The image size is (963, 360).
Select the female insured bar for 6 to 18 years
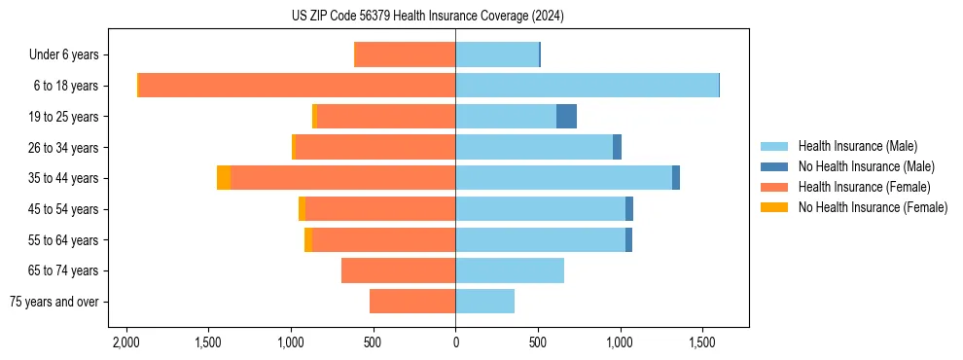coord(297,86)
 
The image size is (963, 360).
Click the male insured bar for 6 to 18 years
coord(587,86)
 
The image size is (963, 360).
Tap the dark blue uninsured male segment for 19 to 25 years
coord(566,117)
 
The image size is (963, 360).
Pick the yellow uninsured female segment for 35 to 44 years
coord(224,178)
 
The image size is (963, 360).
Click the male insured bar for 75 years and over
coord(484,302)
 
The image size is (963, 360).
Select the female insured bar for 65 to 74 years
coord(399,270)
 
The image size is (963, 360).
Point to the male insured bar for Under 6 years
coord(496,54)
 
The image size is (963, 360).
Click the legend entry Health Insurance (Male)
coord(857,146)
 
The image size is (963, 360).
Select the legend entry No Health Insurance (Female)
coord(873,207)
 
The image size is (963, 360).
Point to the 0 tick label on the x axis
coord(455,343)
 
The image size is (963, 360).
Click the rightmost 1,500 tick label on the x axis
coord(702,343)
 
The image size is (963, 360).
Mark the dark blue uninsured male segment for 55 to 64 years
coord(628,240)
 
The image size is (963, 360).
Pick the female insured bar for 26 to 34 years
coord(374,147)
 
